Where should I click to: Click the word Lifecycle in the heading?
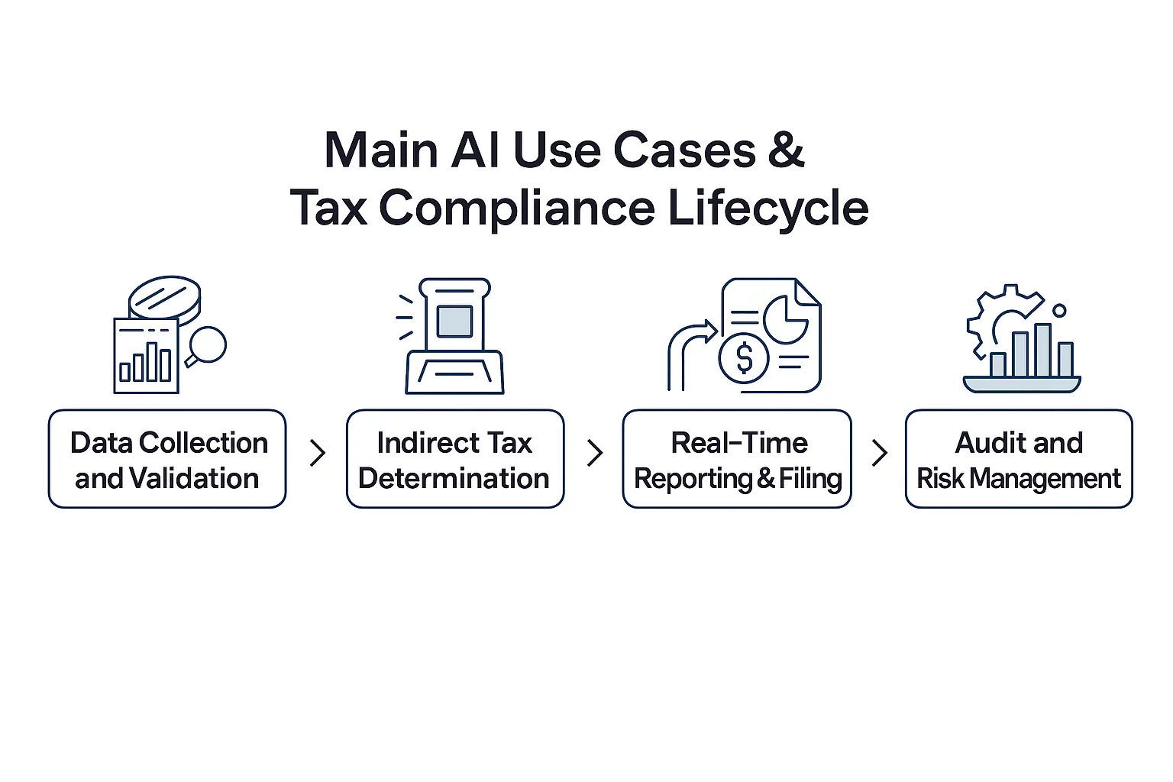point(768,208)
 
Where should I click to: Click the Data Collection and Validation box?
point(167,459)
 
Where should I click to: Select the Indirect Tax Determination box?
point(455,459)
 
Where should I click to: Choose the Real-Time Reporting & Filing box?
point(737,459)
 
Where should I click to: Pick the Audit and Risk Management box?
point(1019,459)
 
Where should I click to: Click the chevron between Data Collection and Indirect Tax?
point(318,453)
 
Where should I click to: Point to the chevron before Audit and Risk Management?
point(879,453)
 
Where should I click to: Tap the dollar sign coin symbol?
point(744,359)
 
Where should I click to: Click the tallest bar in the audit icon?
point(1042,351)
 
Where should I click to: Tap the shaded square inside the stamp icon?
point(454,321)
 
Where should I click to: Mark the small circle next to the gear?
point(1059,311)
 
